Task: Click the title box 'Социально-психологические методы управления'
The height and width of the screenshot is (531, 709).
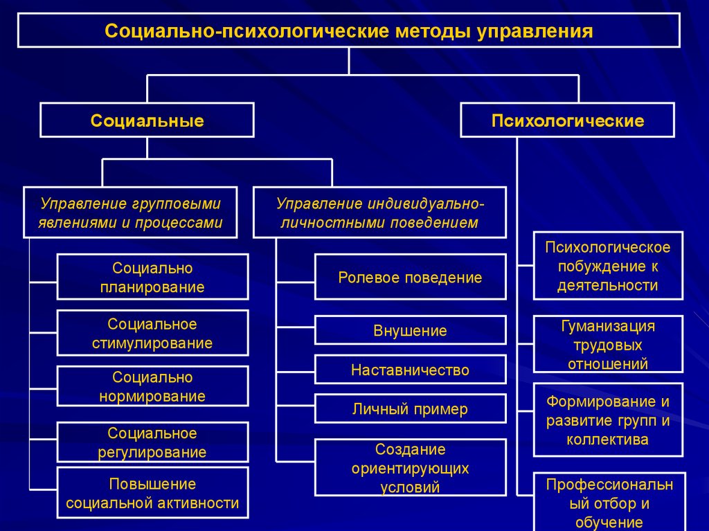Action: [349, 30]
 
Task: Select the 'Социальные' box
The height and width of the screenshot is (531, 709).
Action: [147, 120]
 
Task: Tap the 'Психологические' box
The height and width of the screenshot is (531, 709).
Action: [568, 120]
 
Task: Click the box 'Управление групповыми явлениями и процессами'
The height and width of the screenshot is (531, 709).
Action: [130, 213]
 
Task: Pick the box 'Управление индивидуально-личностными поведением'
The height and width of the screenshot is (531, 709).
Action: [380, 213]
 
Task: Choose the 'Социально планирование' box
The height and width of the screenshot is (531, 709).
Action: [152, 277]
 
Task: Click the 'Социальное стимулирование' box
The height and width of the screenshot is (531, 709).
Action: [152, 333]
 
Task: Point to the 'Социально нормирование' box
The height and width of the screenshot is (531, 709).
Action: [152, 386]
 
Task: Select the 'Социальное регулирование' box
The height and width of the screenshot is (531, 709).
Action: [152, 442]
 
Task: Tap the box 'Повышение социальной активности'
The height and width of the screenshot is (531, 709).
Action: [152, 493]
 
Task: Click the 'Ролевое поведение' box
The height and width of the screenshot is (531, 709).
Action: [410, 277]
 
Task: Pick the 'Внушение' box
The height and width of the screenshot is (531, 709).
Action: [410, 330]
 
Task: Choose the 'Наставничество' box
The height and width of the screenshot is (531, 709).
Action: [410, 370]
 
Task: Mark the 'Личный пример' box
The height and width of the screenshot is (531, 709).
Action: [410, 409]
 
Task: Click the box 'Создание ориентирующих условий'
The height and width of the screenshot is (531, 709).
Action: [410, 468]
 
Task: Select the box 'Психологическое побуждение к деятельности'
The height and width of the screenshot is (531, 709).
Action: [608, 266]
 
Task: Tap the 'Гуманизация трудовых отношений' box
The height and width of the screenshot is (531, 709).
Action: [608, 344]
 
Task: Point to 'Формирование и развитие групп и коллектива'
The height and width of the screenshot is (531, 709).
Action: [608, 420]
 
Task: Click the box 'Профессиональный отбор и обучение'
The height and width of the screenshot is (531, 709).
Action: [609, 502]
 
